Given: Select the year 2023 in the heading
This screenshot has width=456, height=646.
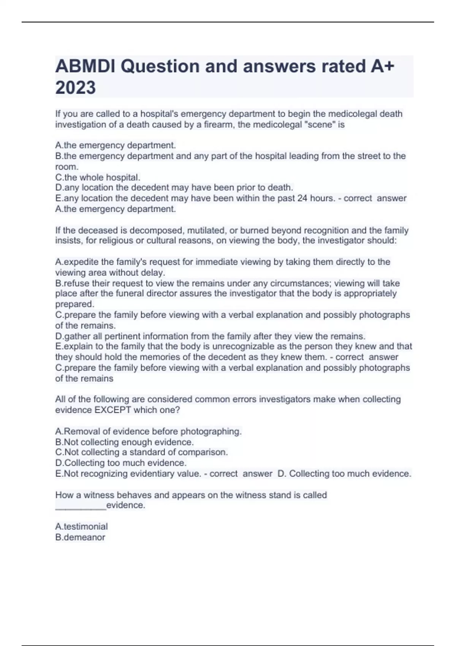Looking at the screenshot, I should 76,88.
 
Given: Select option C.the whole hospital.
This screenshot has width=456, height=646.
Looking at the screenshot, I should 98,177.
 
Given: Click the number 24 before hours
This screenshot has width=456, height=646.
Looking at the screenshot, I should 302,198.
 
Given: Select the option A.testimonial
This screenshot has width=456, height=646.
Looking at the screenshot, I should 81,527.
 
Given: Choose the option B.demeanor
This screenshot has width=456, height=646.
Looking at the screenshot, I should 80,537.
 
